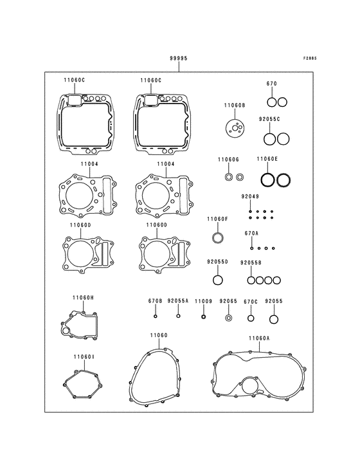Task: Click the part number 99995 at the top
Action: click(x=179, y=59)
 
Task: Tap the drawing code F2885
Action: click(x=310, y=59)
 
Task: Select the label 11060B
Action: click(x=235, y=106)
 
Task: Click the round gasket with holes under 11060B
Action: click(x=234, y=128)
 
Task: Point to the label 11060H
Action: click(x=83, y=298)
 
